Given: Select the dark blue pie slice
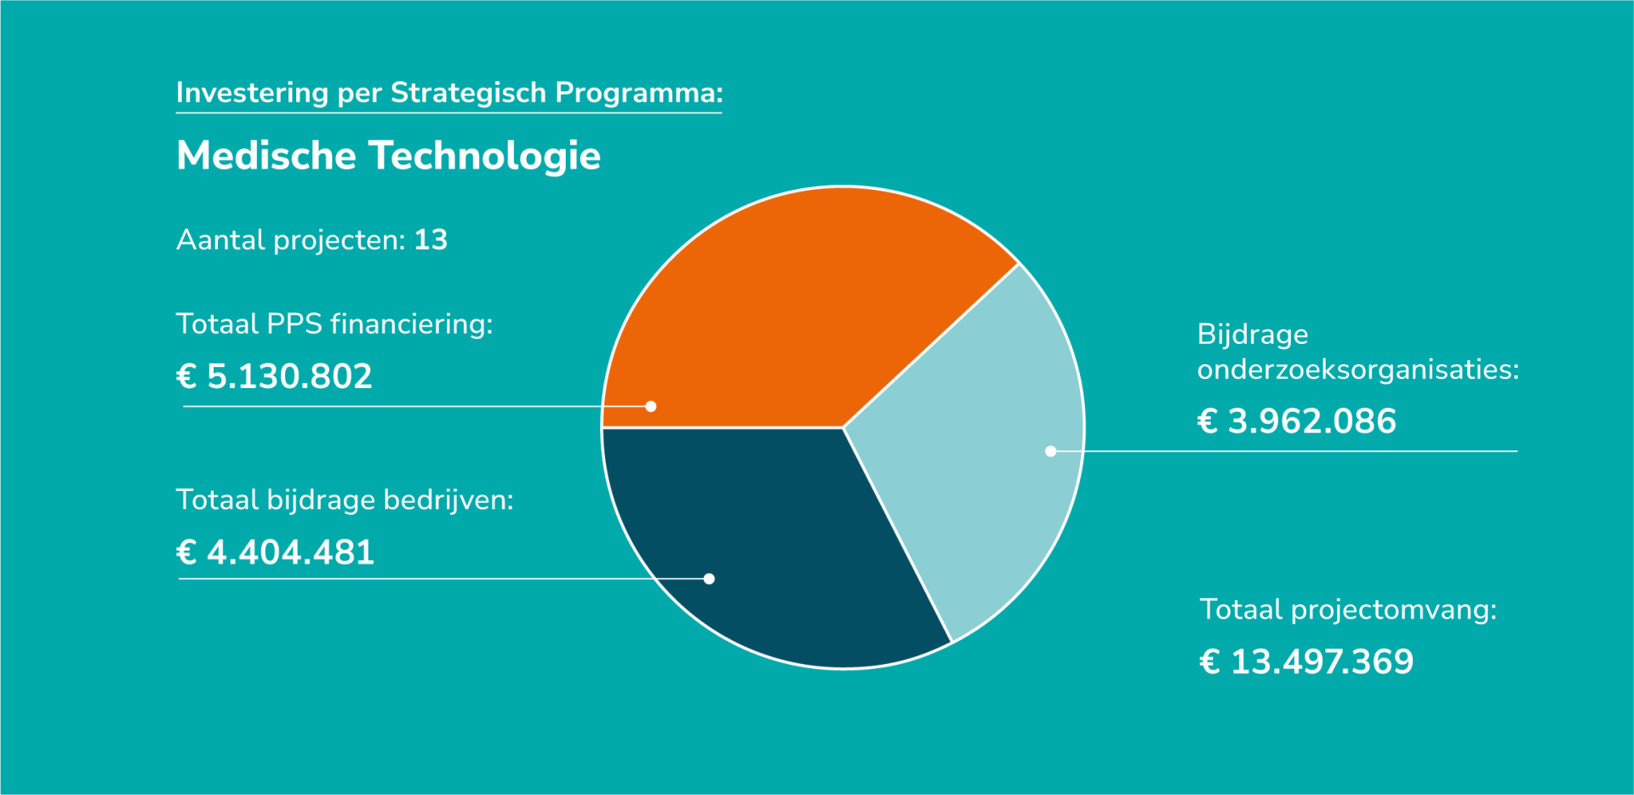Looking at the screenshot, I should [x=766, y=545].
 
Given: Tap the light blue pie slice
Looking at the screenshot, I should [x=979, y=443].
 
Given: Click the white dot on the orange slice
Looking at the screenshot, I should [x=651, y=407].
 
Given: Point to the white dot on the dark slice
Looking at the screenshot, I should [x=709, y=579].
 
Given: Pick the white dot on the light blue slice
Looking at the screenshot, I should [x=1051, y=451].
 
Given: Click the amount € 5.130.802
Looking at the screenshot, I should [x=274, y=376].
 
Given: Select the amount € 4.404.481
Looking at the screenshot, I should [x=275, y=552].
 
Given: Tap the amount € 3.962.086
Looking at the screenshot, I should [x=1296, y=421].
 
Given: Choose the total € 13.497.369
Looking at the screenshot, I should [x=1306, y=661].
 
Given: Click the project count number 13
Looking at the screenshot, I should [x=431, y=240].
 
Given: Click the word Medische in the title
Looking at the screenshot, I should [x=266, y=156].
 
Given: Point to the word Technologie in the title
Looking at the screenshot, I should [x=484, y=156].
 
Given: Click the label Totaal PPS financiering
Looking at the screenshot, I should [x=334, y=324].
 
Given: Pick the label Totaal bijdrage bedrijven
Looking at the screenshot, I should [x=345, y=500].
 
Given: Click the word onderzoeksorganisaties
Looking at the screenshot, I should [x=1357, y=370].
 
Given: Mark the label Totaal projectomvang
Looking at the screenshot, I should [x=1348, y=609].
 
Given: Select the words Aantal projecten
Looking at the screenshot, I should [x=290, y=240].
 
